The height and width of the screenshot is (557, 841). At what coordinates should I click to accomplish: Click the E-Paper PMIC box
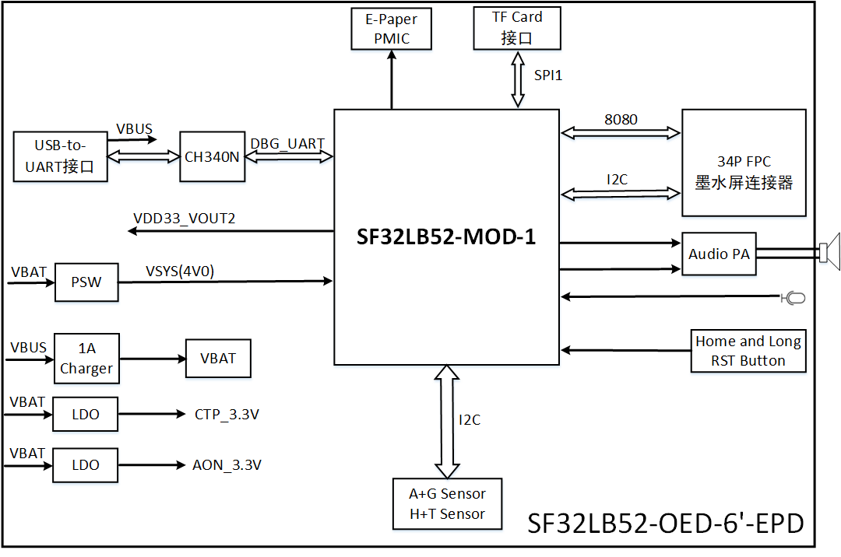point(392,29)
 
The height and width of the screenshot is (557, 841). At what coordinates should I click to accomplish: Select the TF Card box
point(517,27)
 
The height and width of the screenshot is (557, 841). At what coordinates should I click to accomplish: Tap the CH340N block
point(213,156)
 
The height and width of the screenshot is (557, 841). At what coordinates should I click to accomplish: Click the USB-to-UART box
point(60,156)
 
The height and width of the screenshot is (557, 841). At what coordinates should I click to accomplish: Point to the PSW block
point(86,282)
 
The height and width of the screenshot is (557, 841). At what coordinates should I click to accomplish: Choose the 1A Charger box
point(86,359)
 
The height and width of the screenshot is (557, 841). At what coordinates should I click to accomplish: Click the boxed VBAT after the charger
point(217,359)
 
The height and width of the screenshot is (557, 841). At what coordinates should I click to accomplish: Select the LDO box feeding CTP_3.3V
point(85,415)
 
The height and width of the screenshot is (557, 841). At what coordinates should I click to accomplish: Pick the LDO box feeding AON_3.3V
point(85,464)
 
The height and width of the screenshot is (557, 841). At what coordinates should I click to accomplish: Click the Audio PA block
point(719,254)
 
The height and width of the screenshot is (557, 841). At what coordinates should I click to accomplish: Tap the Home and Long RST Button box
point(748,351)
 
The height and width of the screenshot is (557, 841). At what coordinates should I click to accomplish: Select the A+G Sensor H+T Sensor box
point(447,504)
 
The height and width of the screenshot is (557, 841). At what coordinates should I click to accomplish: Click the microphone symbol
point(793,297)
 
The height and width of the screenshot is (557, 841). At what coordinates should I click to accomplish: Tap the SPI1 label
point(547,75)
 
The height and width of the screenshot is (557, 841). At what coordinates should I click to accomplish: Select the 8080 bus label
point(620,120)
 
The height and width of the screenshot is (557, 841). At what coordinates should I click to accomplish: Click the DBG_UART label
point(287,143)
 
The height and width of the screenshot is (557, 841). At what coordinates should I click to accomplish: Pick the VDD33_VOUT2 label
point(185,219)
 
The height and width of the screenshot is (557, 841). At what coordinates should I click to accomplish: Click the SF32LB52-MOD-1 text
point(446,238)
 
